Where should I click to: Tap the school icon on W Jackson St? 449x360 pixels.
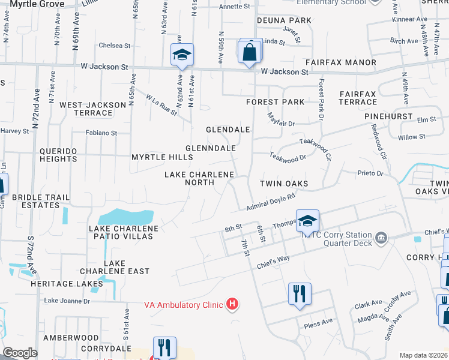182,55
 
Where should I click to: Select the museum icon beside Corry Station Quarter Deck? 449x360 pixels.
381,239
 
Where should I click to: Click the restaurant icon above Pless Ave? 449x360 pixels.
299,294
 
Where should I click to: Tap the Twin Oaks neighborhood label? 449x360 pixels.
284,184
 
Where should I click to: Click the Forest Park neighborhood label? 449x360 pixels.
276,102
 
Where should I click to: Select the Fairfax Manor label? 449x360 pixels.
340,62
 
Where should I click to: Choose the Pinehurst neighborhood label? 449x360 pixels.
391,116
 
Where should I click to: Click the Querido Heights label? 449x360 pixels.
58,155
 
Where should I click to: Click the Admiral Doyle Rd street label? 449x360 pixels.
271,202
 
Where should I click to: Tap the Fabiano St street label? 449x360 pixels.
101,133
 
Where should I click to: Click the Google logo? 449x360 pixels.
20,353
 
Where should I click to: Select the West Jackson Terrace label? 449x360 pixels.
93,109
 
